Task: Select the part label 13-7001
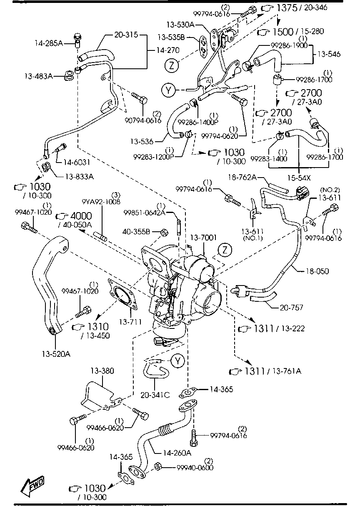[x=203, y=238]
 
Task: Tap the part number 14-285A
[x=49, y=43]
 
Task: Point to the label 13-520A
[x=56, y=353]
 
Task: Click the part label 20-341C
[x=155, y=395]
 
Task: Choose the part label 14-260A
[x=177, y=453]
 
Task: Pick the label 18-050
[x=317, y=271]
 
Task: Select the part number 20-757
[x=291, y=307]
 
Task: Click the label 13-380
[x=102, y=371]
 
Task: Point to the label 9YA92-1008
[x=101, y=201]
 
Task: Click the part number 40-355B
[x=136, y=232]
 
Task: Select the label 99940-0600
[x=195, y=467]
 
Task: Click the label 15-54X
[x=299, y=178]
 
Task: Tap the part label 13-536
[x=142, y=141]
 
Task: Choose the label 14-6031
[x=77, y=162]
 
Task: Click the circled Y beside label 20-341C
[x=178, y=361]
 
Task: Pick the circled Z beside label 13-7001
[x=225, y=250]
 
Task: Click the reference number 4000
[x=81, y=216]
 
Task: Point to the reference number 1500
[x=283, y=32]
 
